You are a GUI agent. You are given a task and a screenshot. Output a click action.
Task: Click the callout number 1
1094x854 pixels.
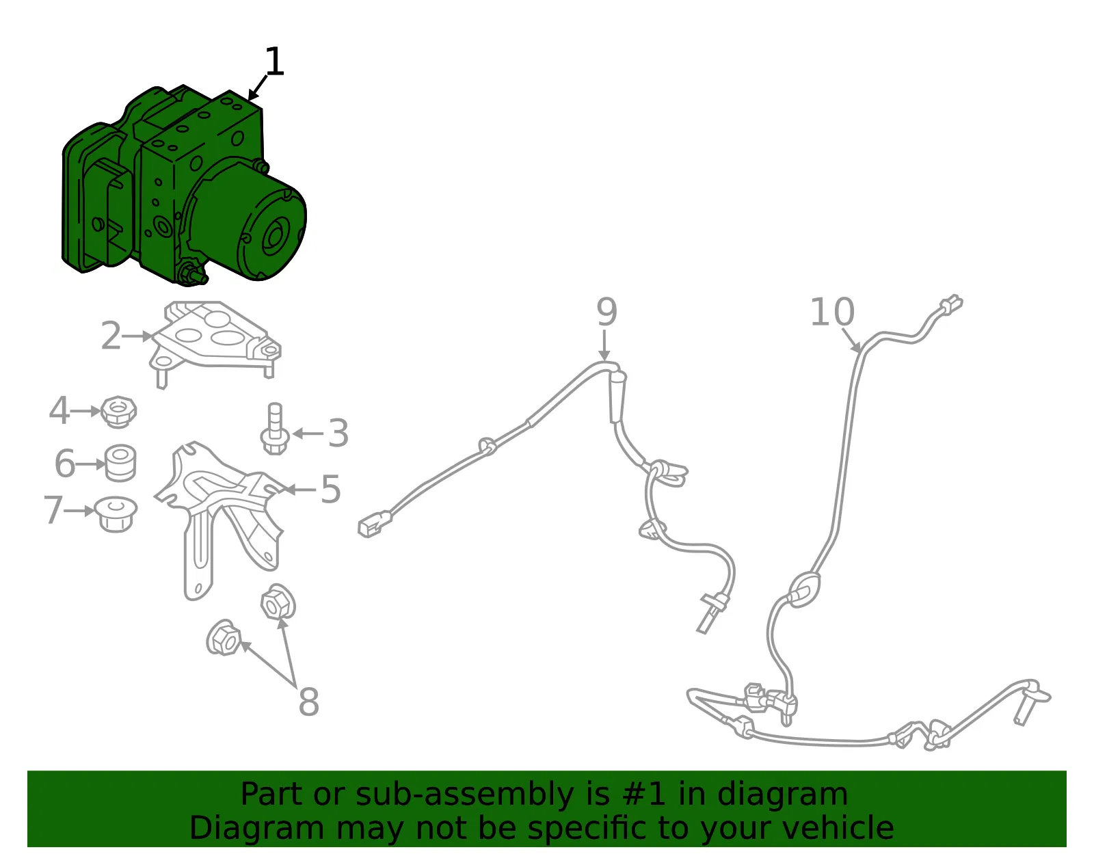[274, 62]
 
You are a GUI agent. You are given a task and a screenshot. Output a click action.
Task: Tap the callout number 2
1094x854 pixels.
[111, 336]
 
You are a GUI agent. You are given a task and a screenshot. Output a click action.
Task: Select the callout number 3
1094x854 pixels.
[338, 433]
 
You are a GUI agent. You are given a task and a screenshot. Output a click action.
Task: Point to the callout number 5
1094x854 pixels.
[331, 489]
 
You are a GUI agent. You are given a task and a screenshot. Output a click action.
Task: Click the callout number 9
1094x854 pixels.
[606, 312]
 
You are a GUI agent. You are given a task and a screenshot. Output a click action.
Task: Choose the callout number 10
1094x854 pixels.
[832, 312]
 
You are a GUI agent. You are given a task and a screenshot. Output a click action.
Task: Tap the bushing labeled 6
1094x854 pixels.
[120, 463]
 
